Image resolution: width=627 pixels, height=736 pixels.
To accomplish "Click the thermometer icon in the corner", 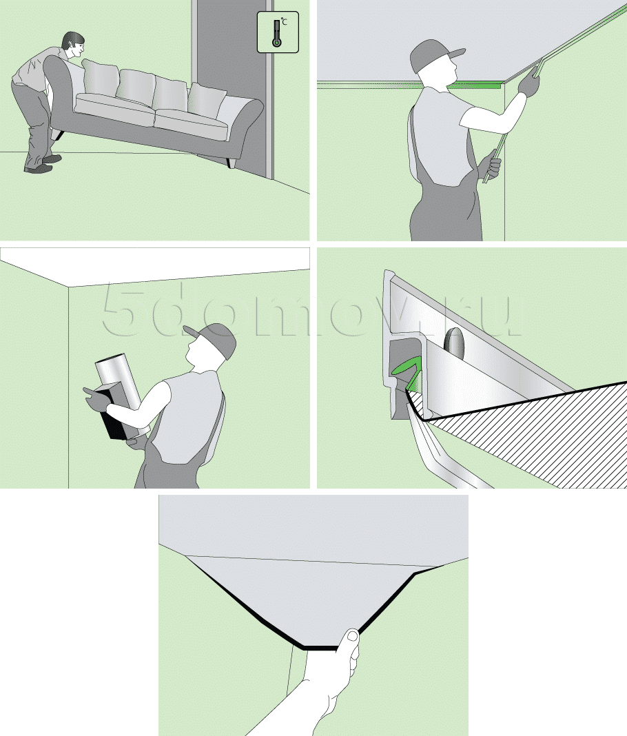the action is click(278, 32).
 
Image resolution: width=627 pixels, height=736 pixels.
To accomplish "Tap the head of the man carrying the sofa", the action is click(74, 45).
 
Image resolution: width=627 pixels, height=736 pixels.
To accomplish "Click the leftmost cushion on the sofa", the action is click(101, 76).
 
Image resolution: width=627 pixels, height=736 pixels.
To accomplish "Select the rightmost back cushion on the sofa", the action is click(206, 101).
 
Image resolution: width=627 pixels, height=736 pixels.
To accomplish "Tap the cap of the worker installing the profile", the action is click(434, 54).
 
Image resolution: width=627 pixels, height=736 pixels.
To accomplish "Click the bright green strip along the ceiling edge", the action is click(474, 85).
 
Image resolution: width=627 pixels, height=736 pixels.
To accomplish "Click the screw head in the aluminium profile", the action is click(454, 343).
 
